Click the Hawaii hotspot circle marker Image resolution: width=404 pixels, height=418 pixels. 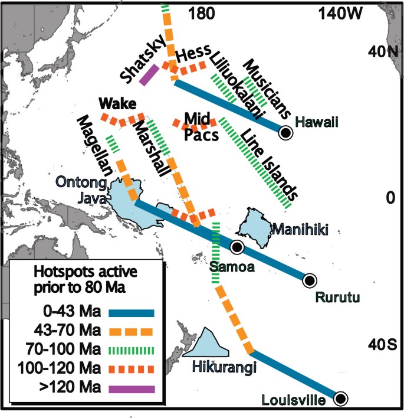tap(285, 133)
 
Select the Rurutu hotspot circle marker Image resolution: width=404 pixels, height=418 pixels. tap(308, 280)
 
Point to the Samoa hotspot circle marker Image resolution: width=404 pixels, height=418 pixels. tap(237, 247)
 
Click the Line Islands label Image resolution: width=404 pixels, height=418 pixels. tap(269, 163)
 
